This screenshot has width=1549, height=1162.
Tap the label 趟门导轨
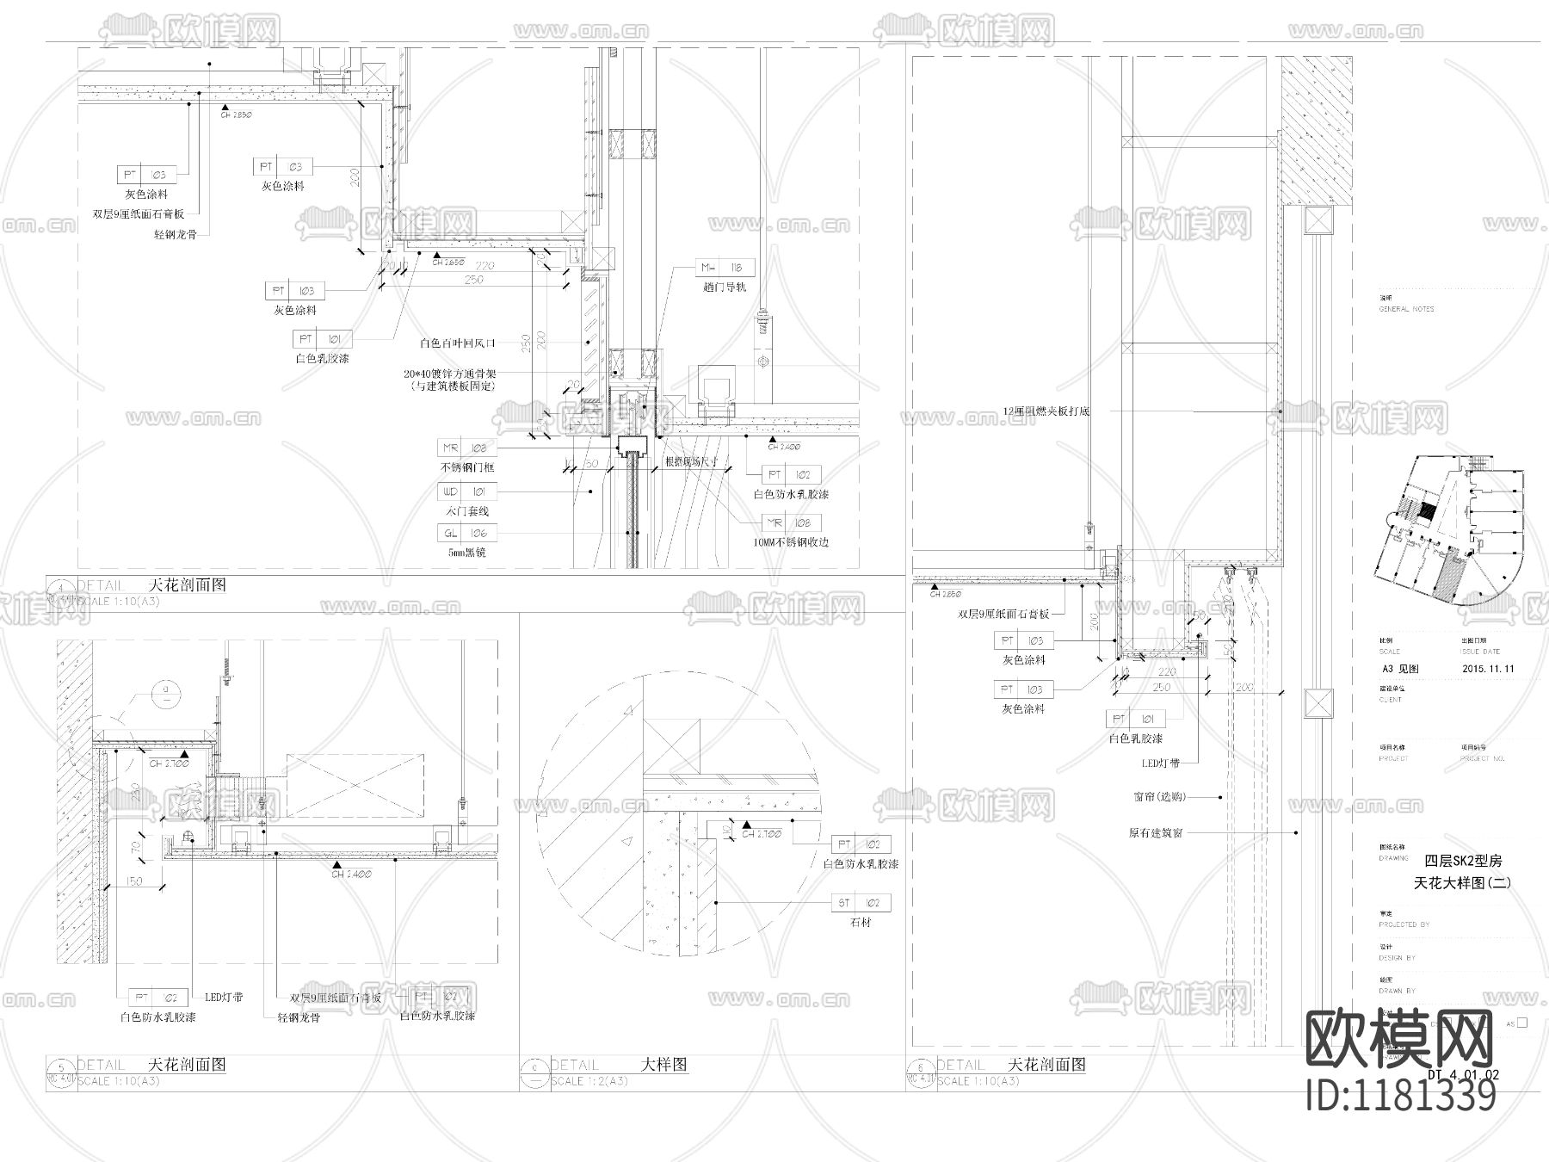pos(725,287)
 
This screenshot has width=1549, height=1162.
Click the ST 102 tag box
pos(861,903)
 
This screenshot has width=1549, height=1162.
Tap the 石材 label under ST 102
pos(861,923)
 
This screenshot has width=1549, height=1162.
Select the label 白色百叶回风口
pos(458,343)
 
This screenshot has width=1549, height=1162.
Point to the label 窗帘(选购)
pos(1160,797)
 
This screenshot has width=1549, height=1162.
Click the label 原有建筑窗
pos(1156,833)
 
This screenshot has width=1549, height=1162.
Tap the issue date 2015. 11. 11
pos(1488,668)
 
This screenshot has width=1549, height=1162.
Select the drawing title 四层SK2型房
pos(1463,860)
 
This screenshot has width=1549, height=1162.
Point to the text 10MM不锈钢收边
pos(792,542)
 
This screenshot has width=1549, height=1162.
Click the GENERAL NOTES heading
pos(1407,309)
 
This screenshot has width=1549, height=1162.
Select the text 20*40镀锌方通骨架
pos(450,374)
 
